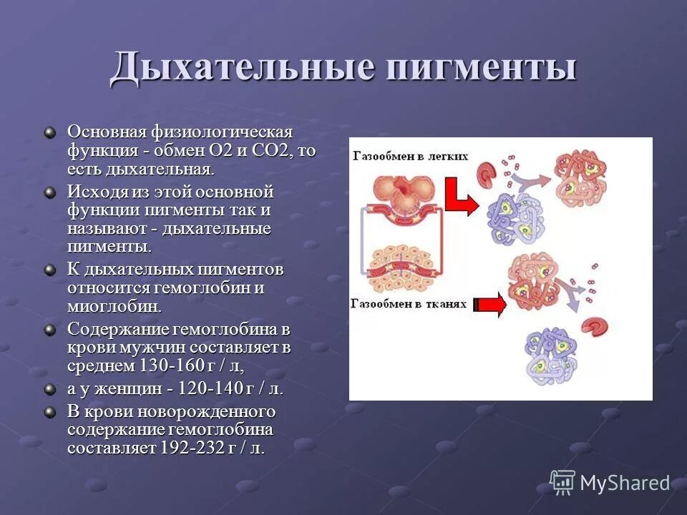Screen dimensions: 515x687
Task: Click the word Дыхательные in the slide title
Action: pyautogui.click(x=243, y=68)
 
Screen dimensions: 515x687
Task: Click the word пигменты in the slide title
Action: pyautogui.click(x=482, y=68)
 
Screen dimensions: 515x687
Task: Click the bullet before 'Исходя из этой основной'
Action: pyautogui.click(x=49, y=192)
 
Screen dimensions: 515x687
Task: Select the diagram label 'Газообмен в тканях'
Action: pyautogui.click(x=408, y=303)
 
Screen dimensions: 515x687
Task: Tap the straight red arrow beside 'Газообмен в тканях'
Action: pyautogui.click(x=491, y=305)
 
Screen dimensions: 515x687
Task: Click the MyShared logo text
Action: pyautogui.click(x=624, y=484)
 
